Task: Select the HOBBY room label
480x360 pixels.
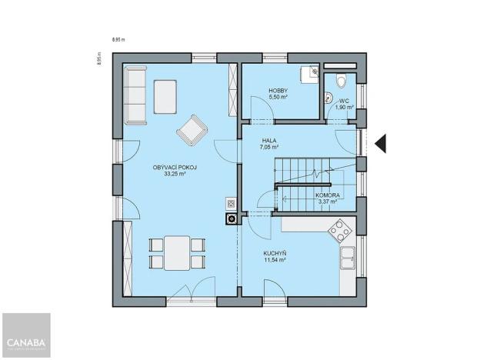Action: click(278, 91)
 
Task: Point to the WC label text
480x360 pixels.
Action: click(345, 100)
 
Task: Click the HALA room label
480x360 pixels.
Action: click(269, 140)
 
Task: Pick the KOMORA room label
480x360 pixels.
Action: click(328, 195)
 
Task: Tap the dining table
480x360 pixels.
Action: click(178, 252)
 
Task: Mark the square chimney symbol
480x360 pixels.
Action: click(230, 218)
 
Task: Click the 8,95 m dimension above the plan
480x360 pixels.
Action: click(118, 38)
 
